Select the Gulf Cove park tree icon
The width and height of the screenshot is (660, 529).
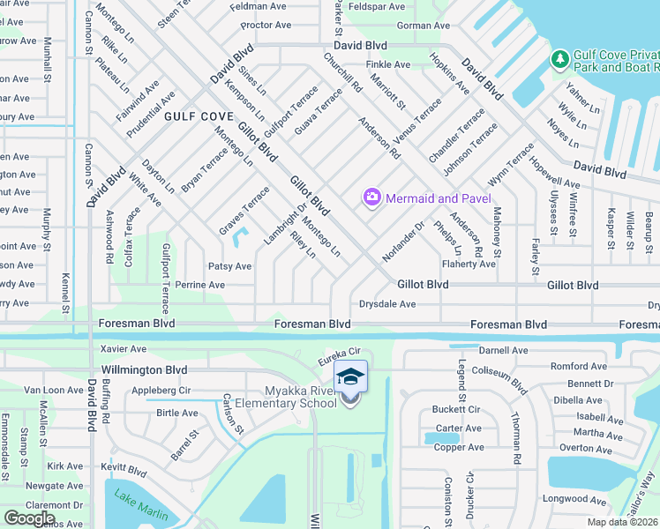click(x=559, y=59)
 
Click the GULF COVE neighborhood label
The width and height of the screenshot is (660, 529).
click(x=199, y=116)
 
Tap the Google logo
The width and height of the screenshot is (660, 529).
click(x=30, y=518)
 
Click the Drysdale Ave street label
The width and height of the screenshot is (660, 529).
click(x=386, y=304)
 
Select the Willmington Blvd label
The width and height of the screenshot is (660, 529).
click(x=145, y=369)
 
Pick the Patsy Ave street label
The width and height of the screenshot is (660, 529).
click(x=229, y=266)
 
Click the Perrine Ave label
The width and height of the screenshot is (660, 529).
click(x=199, y=285)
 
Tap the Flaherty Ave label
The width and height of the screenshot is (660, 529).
click(x=469, y=264)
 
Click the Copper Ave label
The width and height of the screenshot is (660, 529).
click(x=460, y=447)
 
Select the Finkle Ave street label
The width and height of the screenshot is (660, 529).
click(x=388, y=64)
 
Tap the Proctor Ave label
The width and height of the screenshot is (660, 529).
click(x=266, y=26)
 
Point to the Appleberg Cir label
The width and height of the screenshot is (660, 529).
click(x=161, y=390)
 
